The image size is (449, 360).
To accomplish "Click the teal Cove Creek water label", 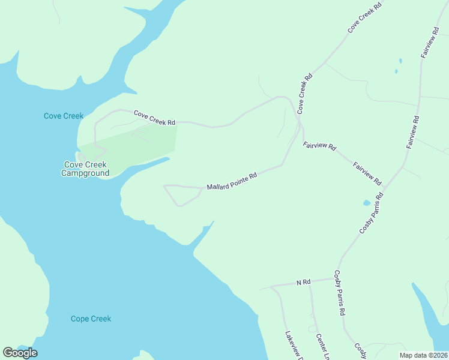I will tap(63, 116).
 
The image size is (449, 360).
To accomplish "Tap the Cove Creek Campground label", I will tap(86, 169).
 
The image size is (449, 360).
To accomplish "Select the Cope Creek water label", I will tap(91, 319).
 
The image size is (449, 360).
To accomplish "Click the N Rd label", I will tap(303, 282).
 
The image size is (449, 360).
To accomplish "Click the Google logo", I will tap(20, 353).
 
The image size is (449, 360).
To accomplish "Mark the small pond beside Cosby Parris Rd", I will tap(367, 203).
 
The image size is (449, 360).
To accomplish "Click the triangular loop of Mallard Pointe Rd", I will tap(180, 194).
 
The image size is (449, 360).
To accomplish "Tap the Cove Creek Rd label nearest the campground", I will tap(154, 118).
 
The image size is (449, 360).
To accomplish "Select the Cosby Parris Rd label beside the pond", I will tap(372, 214).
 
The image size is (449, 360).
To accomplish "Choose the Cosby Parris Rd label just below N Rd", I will tap(340, 293).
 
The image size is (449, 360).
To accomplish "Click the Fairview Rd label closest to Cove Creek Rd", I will tap(319, 146).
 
